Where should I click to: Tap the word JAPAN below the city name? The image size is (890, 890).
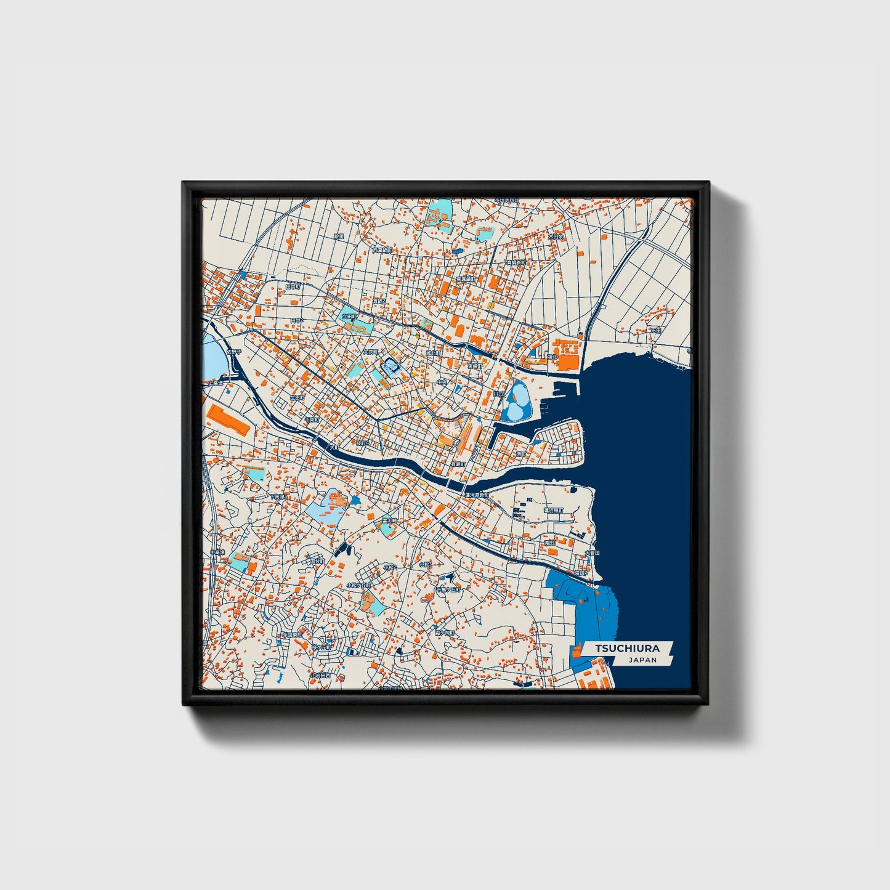(642, 660)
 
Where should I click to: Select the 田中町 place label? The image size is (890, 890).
(293, 286)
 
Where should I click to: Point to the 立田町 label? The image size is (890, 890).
(350, 317)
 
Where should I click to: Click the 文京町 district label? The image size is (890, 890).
(370, 352)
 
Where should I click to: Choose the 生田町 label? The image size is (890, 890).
(297, 398)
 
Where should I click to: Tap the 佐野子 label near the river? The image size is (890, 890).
(234, 352)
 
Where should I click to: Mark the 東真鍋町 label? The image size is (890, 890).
(466, 279)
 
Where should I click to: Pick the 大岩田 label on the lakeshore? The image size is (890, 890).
(591, 552)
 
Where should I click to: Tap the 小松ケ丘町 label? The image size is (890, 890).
(359, 585)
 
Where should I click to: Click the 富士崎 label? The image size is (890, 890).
(388, 520)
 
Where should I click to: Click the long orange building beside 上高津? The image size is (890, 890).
(229, 420)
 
